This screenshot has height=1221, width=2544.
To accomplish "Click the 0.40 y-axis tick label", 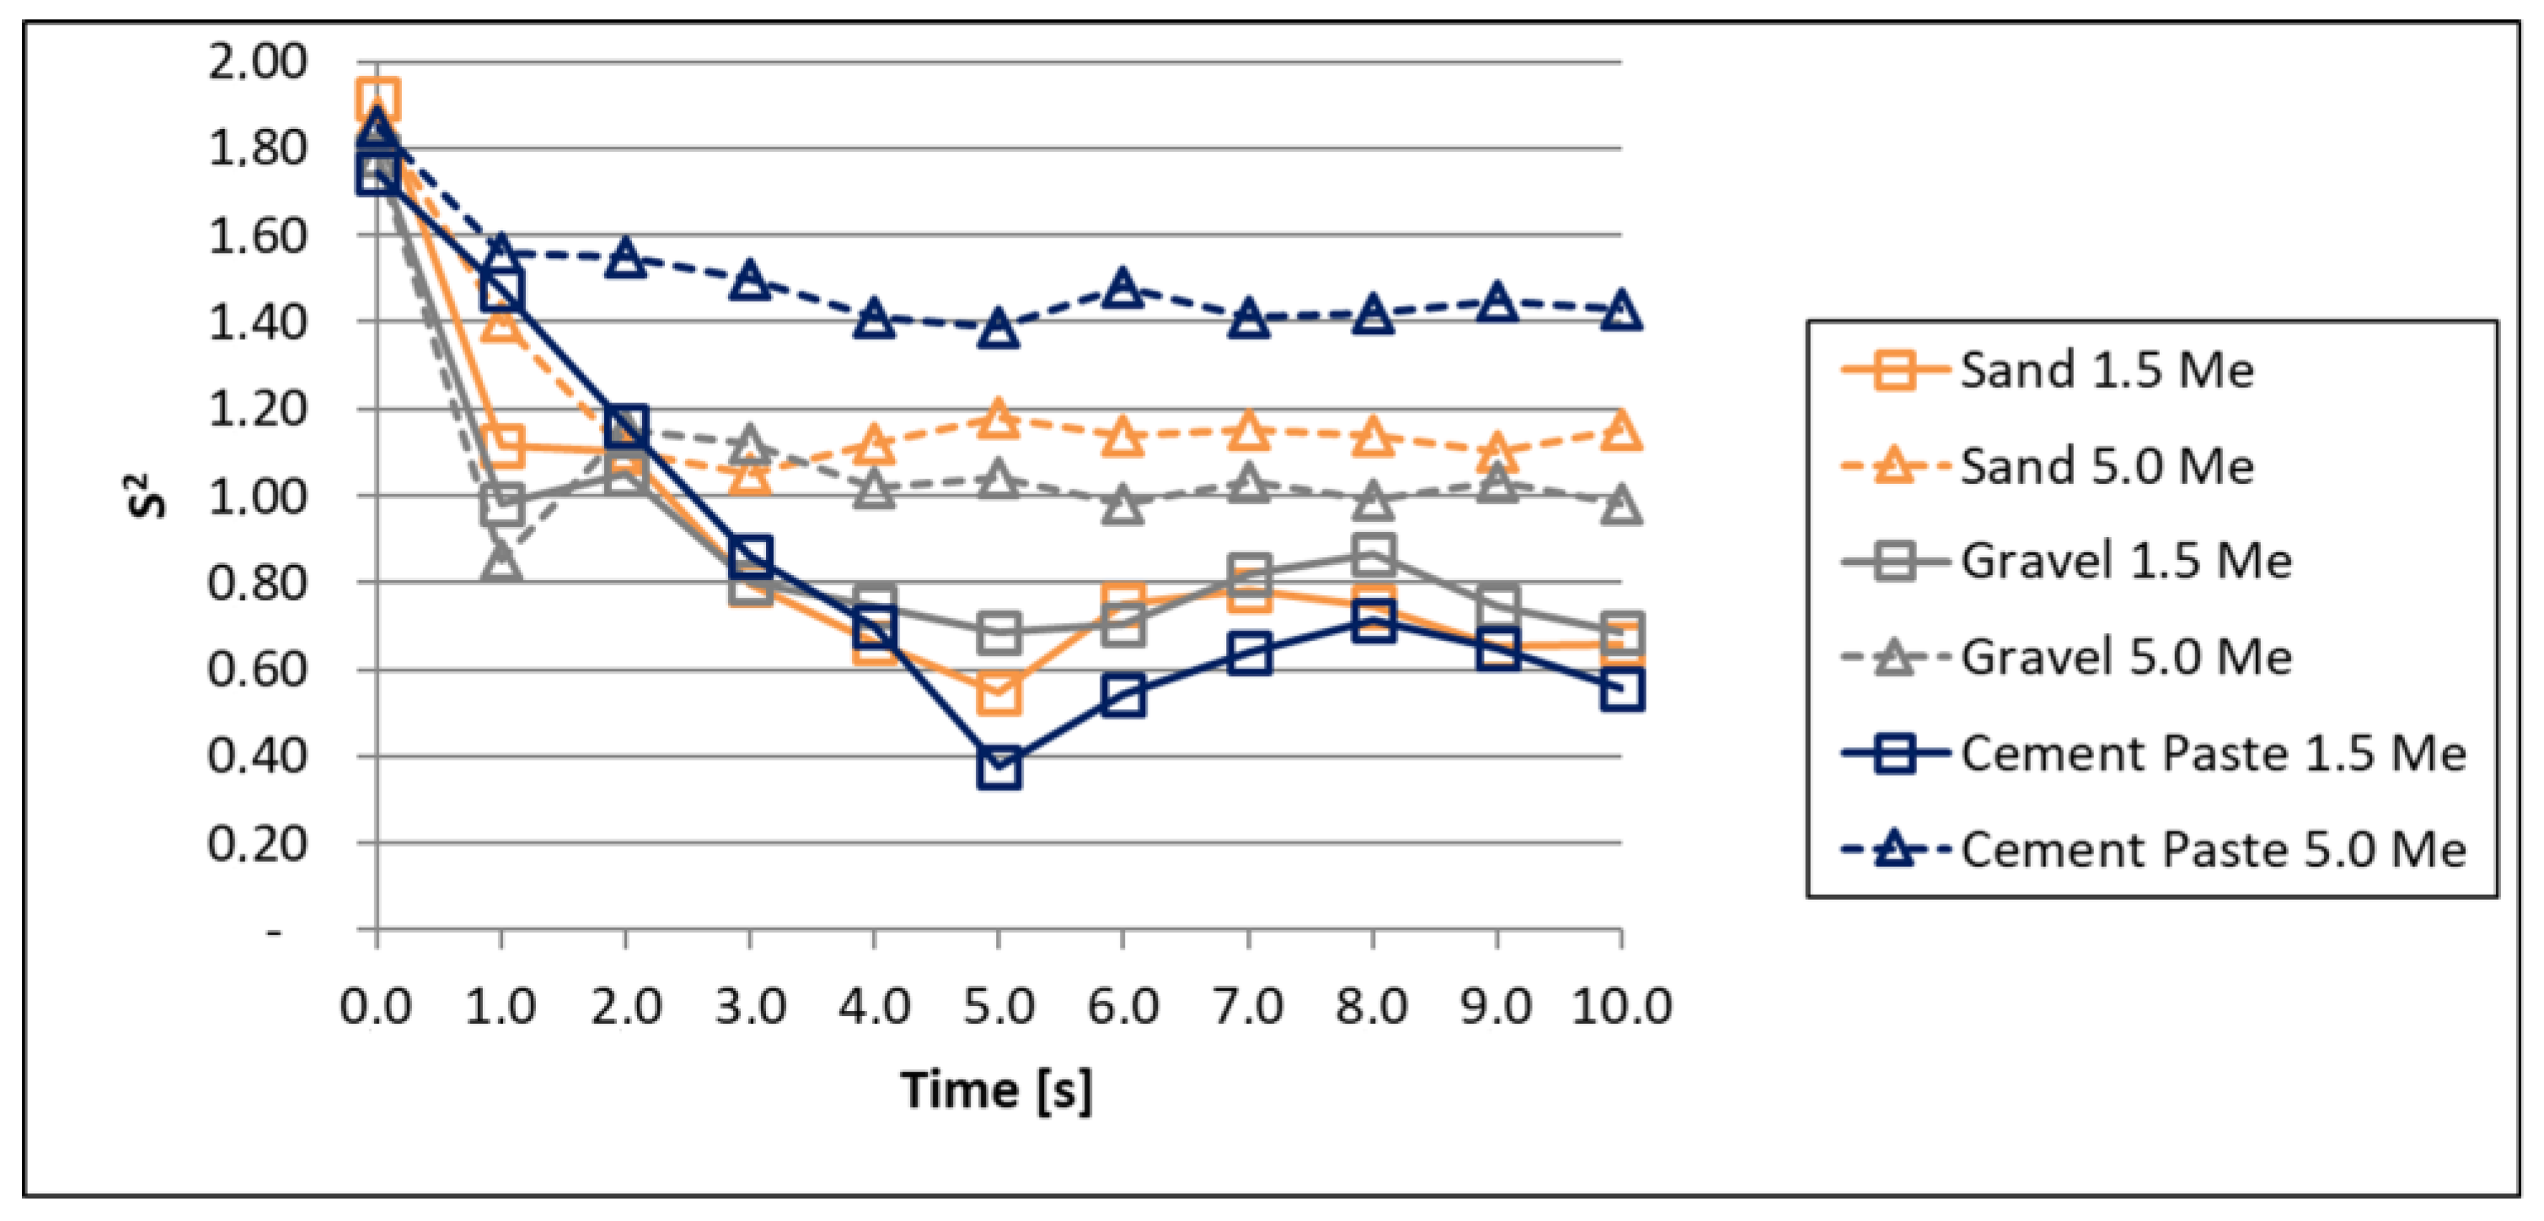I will pos(258,756).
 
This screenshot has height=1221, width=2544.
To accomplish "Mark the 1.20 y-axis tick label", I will pos(258,409).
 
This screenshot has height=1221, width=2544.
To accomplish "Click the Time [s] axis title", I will pos(997,1090).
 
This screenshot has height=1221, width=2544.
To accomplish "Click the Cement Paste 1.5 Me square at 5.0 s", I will pos(999,767).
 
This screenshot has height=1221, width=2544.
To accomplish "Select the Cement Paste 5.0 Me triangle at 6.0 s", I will pos(1123,288).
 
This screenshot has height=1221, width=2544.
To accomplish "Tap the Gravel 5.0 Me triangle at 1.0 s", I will pos(501,563).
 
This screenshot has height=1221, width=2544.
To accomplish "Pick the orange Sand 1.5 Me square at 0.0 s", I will pos(378,100).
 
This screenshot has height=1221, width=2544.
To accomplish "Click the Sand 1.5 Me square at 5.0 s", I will pos(999,692).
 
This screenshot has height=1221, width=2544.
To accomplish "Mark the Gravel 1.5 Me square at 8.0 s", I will pos(1373,554).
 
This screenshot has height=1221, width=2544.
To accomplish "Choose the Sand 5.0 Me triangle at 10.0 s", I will pos(1620,431).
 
